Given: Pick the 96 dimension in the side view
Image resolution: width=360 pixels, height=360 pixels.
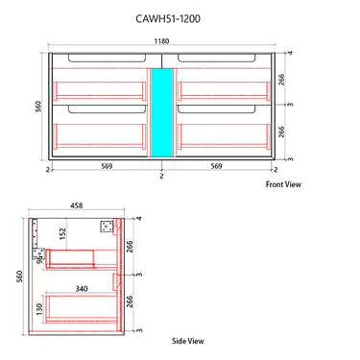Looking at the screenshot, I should pyautogui.click(x=38, y=256).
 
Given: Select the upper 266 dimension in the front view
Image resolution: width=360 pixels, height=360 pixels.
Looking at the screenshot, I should pyautogui.click(x=281, y=80).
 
